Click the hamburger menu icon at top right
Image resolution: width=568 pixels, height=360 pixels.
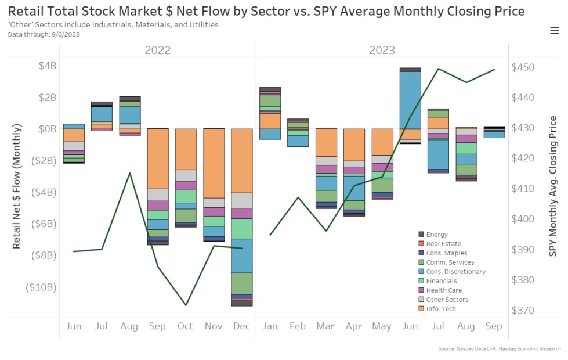(555, 31)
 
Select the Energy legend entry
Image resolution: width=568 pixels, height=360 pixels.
(437, 235)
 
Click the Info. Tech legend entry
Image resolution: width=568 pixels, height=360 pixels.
(441, 309)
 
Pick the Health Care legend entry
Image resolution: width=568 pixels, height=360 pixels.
(444, 290)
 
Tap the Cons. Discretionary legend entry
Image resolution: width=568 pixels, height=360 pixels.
(455, 272)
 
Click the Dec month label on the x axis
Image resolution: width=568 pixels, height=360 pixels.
(241, 326)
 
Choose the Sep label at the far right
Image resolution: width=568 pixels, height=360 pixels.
(494, 326)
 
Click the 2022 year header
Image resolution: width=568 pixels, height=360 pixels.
(157, 50)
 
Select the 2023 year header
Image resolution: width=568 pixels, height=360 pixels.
(382, 50)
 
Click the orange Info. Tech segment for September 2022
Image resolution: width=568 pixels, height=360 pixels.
(158, 159)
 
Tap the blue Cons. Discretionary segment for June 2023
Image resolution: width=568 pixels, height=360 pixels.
(410, 99)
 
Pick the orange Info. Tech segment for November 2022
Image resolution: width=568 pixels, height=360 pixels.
(214, 164)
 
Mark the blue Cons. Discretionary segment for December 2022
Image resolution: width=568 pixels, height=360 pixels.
(241, 255)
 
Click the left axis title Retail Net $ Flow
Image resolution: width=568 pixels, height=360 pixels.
(17, 186)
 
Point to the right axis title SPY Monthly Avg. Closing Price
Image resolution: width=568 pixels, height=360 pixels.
(553, 186)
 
